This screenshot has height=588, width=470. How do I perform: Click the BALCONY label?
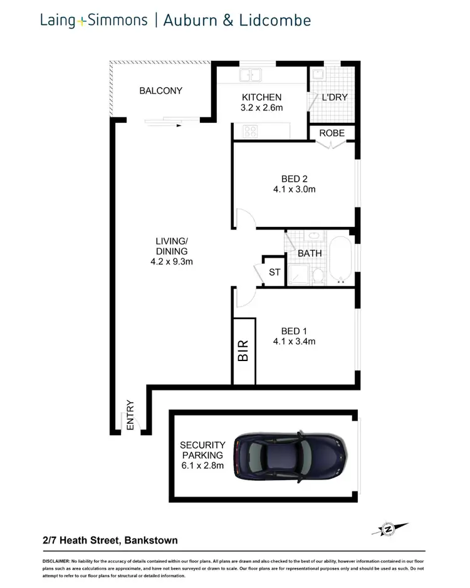(160, 91)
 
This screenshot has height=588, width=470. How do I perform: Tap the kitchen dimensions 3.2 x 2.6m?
(262, 108)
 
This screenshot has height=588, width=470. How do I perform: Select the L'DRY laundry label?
(334, 98)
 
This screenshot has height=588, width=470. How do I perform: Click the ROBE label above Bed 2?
(331, 133)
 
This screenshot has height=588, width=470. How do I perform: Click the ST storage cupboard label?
(274, 272)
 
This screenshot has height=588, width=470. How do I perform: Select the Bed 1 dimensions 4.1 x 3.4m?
(294, 342)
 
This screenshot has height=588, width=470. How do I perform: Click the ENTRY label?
(130, 415)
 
